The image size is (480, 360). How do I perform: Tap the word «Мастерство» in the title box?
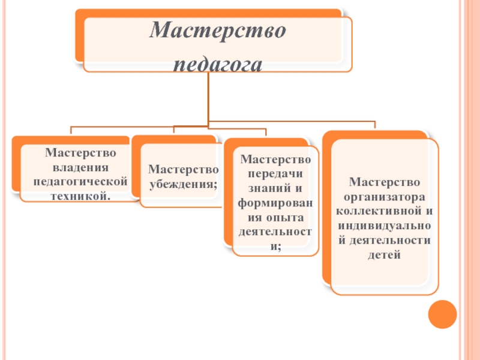pos(217,30)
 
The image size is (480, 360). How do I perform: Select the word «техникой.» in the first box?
pos(81,196)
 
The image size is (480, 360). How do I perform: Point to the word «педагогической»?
pos(81,181)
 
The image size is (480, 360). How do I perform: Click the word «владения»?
pos(81,167)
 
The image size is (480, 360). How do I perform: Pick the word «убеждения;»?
pos(184,184)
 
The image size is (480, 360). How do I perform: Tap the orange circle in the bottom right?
pos(443,314)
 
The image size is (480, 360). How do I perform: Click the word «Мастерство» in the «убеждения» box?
pos(184,170)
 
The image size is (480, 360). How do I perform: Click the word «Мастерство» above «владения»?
pos(81,153)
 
